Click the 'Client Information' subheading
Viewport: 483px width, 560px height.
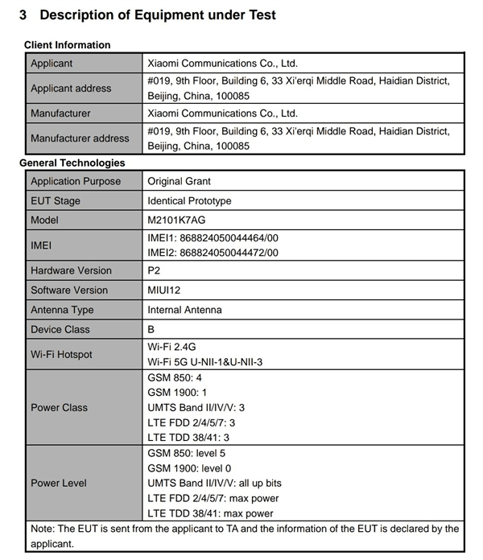(68, 45)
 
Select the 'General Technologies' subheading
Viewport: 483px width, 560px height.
(72, 163)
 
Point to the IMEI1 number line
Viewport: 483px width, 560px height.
(213, 238)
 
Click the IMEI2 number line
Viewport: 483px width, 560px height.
(213, 253)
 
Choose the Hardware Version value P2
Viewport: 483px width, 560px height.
(155, 271)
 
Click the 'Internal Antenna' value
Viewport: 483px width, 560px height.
(184, 310)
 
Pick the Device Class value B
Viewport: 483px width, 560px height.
(152, 330)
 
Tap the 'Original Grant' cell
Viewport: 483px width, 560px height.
(180, 182)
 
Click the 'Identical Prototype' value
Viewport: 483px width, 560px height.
(189, 201)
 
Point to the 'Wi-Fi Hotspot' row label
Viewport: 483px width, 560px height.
(61, 355)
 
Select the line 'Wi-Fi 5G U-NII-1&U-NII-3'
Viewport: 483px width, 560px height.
(205, 362)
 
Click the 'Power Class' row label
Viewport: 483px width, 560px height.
(59, 408)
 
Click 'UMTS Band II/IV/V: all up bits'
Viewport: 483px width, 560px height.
(215, 484)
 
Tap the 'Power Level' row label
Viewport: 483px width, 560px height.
(58, 484)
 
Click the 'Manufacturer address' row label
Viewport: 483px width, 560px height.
(80, 138)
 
